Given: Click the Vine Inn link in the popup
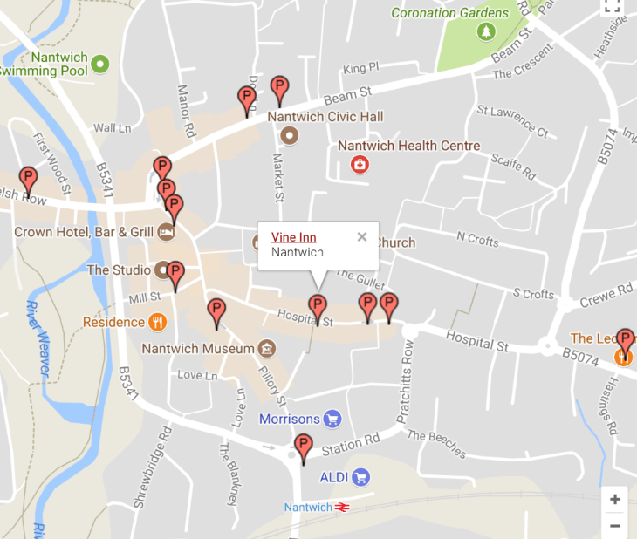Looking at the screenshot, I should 293,237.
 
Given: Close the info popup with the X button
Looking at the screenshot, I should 362,236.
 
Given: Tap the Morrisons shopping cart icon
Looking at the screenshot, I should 332,420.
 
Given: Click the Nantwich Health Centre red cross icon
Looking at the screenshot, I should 359,163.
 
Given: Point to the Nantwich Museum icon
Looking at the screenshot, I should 267,349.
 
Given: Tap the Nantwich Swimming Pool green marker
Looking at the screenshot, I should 100,63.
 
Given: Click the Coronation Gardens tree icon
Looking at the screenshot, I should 485,32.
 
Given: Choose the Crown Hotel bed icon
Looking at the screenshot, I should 166,232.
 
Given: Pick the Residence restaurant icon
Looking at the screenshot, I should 157,322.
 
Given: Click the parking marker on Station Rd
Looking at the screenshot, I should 303,447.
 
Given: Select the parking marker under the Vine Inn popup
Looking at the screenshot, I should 318,308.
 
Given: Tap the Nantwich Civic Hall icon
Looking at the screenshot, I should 290,135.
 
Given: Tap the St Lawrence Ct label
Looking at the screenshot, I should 512,121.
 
